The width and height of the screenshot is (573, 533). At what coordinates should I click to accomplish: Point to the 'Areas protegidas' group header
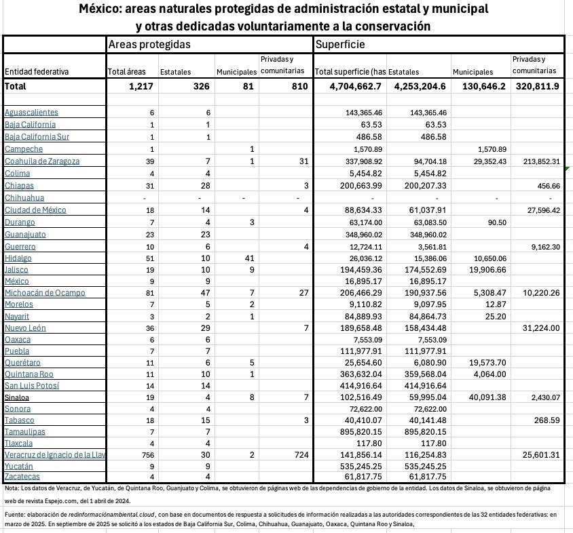(149, 44)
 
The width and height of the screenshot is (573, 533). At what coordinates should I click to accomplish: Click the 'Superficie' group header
(340, 44)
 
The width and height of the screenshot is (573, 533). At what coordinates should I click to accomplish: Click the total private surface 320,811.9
(537, 87)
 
